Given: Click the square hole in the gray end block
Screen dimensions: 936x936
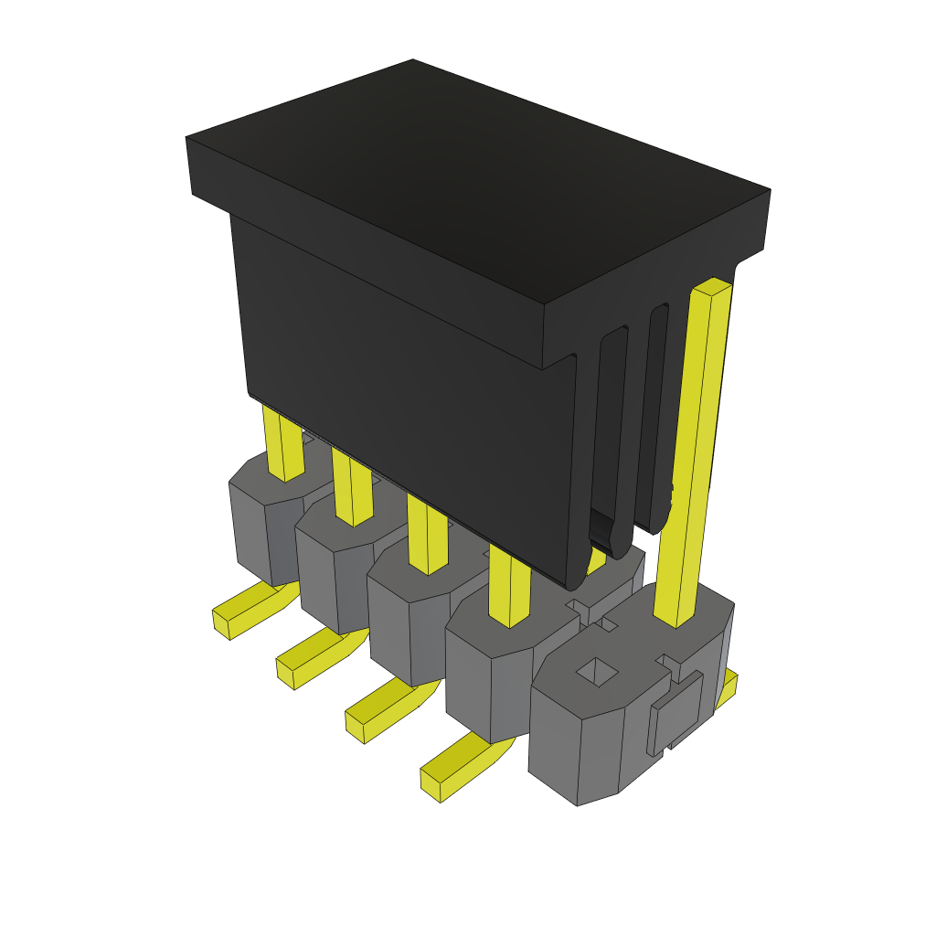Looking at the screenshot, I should (596, 673).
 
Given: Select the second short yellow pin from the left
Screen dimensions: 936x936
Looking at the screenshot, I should (353, 489).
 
